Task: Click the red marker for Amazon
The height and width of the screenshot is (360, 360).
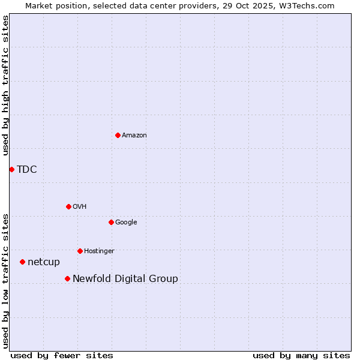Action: [118, 135]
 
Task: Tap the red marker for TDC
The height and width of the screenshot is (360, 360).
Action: [11, 169]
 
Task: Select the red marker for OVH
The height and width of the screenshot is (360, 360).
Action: [68, 206]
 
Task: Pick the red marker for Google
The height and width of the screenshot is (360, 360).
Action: [111, 222]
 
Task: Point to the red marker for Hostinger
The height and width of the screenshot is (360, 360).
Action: [80, 251]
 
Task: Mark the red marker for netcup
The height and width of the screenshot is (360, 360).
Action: [22, 262]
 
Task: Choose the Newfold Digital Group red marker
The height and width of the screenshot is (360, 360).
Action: [67, 278]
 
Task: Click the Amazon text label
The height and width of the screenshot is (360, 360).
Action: [134, 136]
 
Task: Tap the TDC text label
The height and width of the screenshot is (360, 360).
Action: [27, 170]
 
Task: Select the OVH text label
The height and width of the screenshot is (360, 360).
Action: [80, 207]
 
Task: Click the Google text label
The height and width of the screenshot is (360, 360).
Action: [126, 223]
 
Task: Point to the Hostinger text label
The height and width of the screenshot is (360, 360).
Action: [99, 251]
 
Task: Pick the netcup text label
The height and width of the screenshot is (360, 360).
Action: [44, 262]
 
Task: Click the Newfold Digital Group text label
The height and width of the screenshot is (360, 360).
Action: [125, 279]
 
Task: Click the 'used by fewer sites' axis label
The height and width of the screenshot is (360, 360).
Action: [62, 355]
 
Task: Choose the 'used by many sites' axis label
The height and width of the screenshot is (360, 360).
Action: [301, 355]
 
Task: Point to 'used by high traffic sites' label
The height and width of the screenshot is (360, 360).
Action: [5, 85]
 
